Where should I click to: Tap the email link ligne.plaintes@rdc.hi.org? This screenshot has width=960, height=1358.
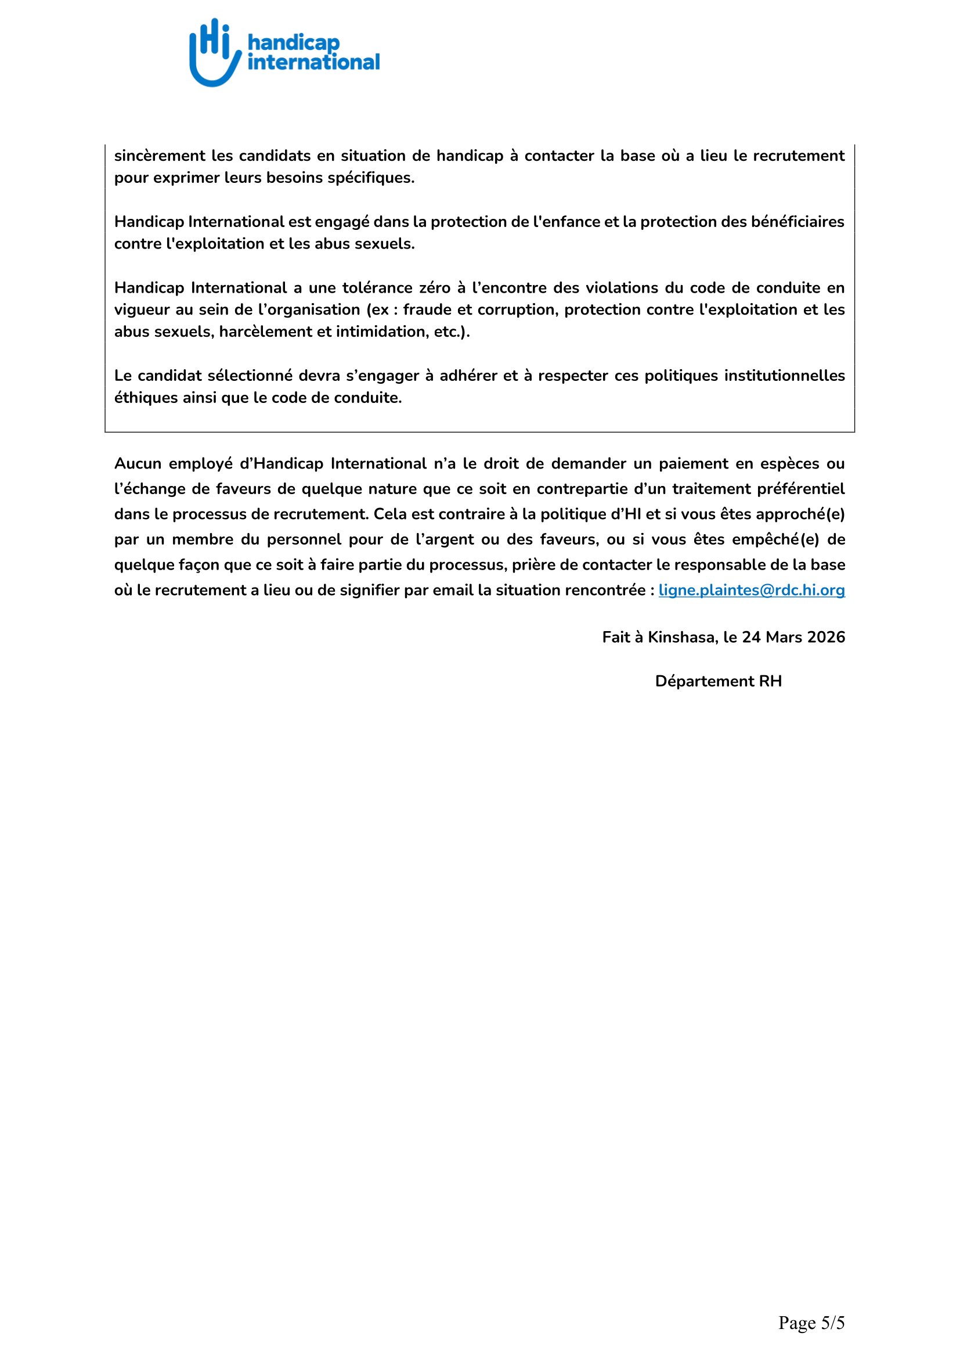click(751, 590)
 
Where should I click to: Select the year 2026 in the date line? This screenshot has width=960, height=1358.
click(826, 637)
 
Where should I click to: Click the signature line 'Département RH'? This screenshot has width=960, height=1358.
click(718, 682)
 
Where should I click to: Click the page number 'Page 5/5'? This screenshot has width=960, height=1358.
click(811, 1323)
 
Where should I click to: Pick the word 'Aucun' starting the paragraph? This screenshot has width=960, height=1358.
click(137, 464)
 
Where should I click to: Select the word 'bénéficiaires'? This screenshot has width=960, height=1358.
click(797, 222)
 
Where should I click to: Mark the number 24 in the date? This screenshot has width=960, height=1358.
click(751, 637)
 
